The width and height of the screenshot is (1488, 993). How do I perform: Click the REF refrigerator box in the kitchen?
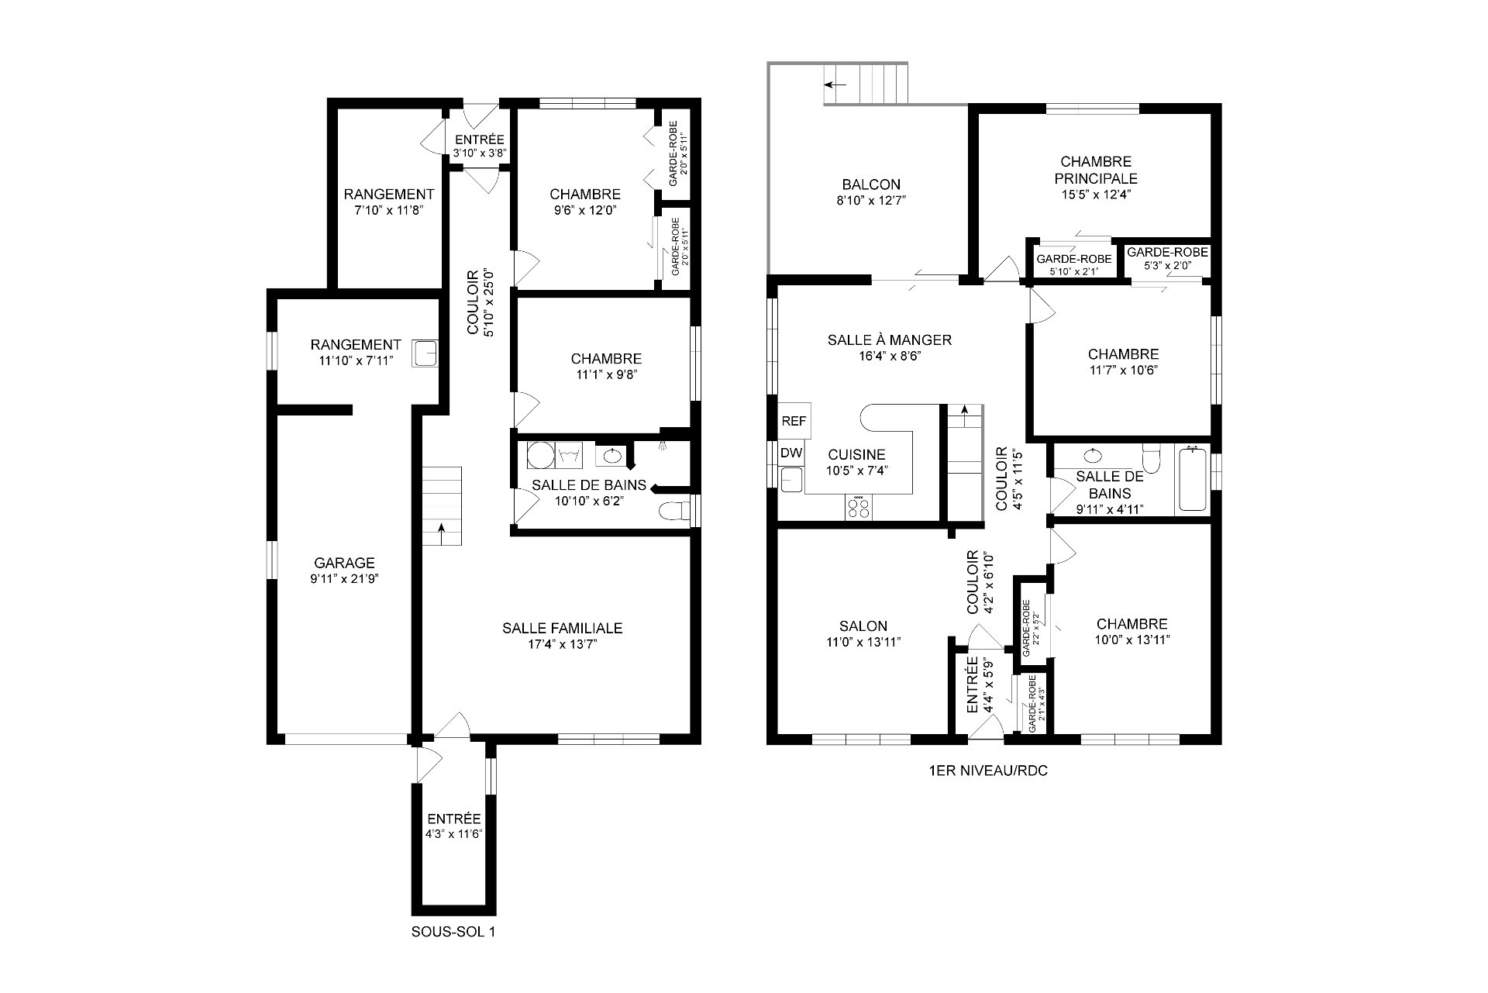(794, 421)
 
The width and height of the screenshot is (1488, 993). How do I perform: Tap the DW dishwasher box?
(790, 453)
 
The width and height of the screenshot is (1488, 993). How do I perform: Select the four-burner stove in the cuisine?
(858, 508)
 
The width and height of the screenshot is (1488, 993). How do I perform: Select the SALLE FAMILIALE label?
(562, 628)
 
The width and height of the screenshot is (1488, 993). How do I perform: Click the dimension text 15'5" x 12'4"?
(1096, 195)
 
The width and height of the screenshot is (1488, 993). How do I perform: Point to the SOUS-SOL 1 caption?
(453, 932)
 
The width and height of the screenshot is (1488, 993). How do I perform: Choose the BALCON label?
(871, 184)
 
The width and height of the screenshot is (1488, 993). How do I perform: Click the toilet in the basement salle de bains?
(673, 511)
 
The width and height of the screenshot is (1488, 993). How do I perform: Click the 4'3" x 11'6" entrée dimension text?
(453, 833)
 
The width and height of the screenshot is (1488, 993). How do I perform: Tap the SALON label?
(863, 626)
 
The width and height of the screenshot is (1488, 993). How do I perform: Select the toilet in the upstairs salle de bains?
(1151, 459)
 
